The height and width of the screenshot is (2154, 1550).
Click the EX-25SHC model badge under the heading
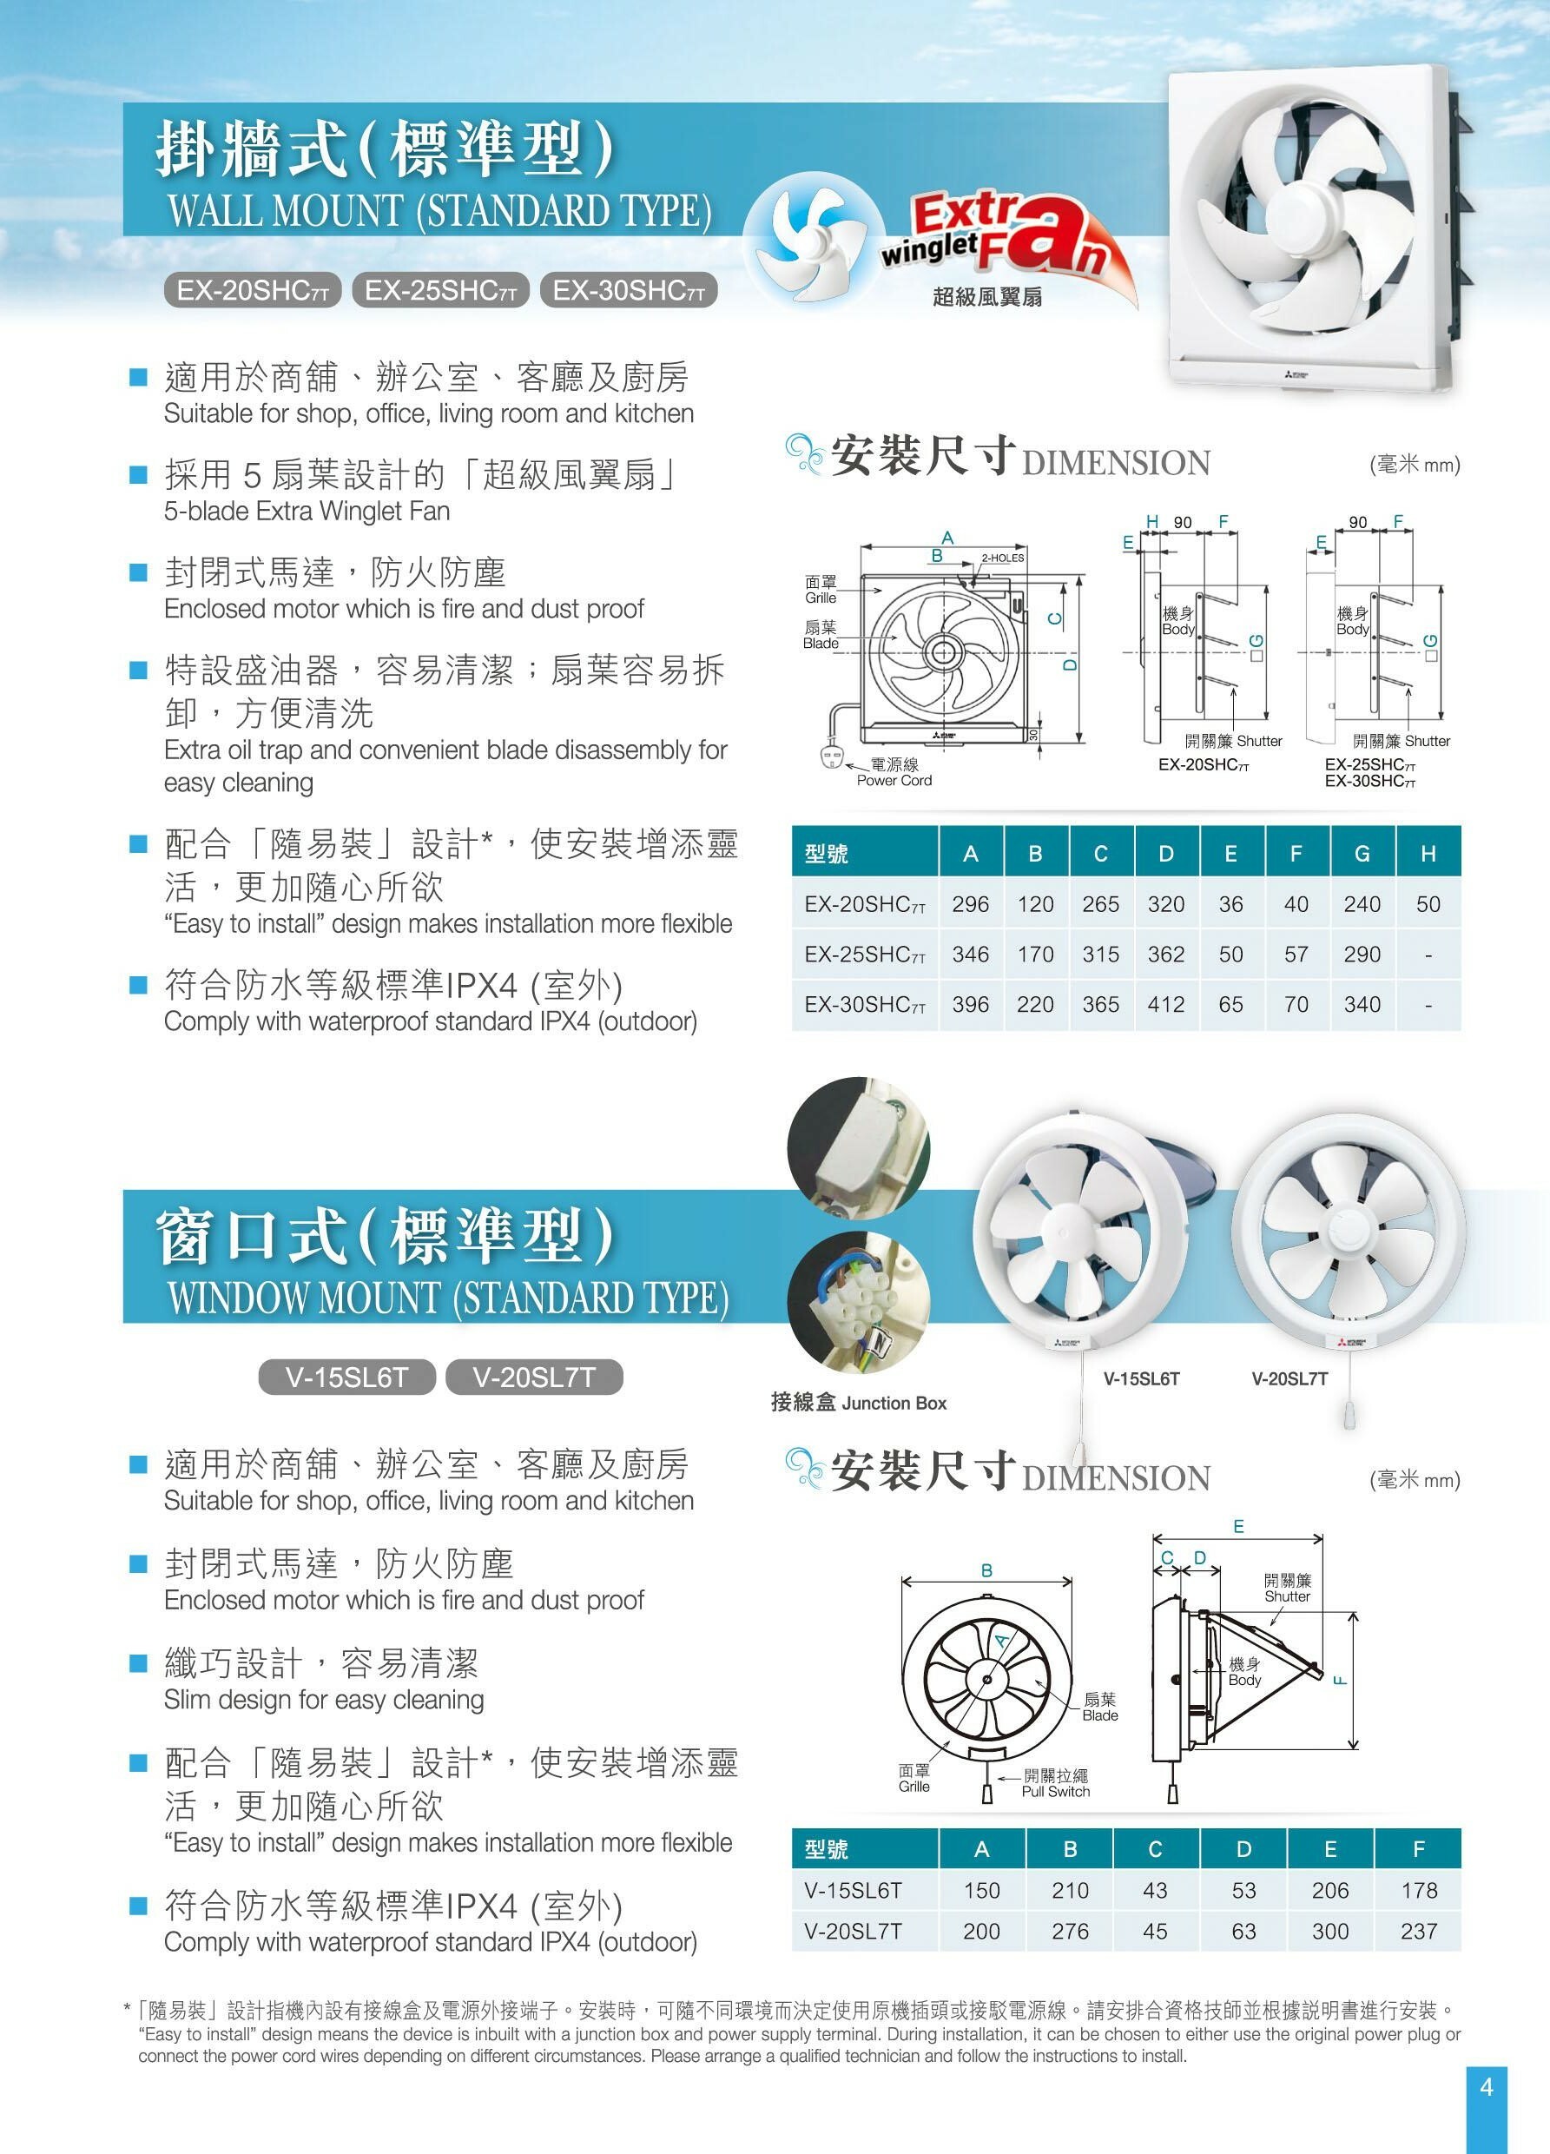441,291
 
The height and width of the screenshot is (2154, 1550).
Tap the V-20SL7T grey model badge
534,1378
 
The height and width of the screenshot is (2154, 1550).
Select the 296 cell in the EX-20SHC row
971,904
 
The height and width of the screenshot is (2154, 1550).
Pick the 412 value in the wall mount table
1166,1005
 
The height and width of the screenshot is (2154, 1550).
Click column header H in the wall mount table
1428,854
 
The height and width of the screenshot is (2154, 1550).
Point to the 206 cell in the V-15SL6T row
1329,1890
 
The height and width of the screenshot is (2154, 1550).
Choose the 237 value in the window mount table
1419,1931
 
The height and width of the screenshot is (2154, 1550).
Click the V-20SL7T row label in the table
853,1931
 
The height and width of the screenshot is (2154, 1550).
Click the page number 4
1487,2086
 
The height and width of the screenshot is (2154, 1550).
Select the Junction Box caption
859,1403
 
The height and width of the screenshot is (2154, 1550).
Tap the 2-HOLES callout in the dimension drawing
1003,558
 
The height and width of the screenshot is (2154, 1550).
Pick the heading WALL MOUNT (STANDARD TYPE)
439,211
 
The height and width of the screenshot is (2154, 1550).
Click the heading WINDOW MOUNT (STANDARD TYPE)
448,1298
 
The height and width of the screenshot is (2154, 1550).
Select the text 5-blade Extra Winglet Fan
307,511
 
